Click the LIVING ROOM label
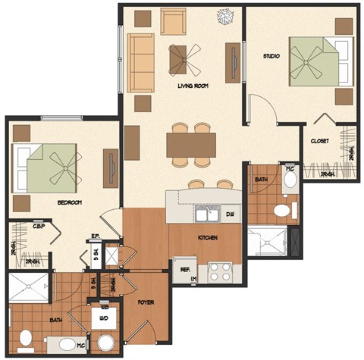(193, 86)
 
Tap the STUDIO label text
(271, 57)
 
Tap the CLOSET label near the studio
(319, 142)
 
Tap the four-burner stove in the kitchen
(220, 271)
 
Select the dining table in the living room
(191, 144)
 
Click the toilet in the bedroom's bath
(25, 338)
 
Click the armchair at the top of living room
(172, 20)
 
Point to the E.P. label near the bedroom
(96, 236)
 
